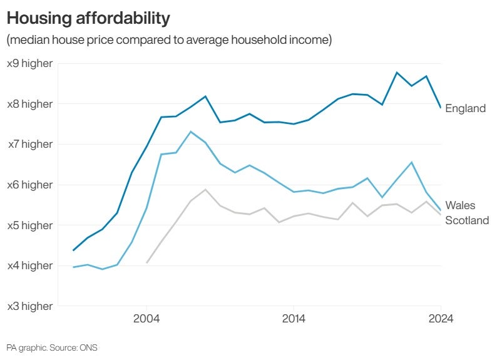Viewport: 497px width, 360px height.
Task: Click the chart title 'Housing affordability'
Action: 88,18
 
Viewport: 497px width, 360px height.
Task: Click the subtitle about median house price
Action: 168,41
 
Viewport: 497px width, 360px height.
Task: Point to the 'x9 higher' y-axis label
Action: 29,63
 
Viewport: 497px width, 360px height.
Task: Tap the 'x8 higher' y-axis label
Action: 29,104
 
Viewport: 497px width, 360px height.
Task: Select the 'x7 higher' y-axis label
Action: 29,144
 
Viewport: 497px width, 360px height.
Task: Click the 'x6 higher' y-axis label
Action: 29,185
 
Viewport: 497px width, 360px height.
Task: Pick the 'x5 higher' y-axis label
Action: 29,225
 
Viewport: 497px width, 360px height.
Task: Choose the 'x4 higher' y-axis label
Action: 29,265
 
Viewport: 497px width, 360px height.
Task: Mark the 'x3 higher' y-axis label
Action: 29,306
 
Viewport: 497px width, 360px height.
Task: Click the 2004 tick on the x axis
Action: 146,318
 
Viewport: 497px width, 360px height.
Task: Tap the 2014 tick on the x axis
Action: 294,318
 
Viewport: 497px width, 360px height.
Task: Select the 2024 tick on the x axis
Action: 440,318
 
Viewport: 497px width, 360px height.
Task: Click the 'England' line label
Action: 465,108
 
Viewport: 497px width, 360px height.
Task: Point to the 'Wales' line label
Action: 460,205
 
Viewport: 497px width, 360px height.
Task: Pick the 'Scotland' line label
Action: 466,220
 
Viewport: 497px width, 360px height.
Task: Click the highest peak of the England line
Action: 397,73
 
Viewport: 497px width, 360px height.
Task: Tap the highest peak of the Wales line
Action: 190,131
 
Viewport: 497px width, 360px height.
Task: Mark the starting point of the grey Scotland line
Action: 146,262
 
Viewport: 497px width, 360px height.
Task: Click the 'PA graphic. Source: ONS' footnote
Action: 52,347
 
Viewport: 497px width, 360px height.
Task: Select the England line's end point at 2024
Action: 441,108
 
